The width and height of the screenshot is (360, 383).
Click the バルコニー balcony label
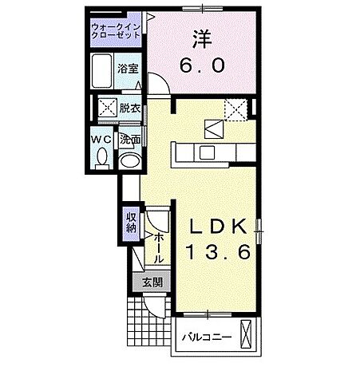click(204, 337)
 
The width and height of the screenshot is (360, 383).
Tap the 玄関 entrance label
click(152, 282)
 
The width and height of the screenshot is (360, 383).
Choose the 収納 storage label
click(131, 220)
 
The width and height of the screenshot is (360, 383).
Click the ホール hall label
click(159, 247)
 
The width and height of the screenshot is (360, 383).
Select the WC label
click(101, 139)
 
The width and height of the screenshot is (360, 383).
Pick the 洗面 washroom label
click(130, 139)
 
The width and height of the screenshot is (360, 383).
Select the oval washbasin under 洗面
click(129, 160)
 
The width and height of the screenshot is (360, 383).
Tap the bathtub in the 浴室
click(102, 73)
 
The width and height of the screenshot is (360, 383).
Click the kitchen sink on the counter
click(209, 152)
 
